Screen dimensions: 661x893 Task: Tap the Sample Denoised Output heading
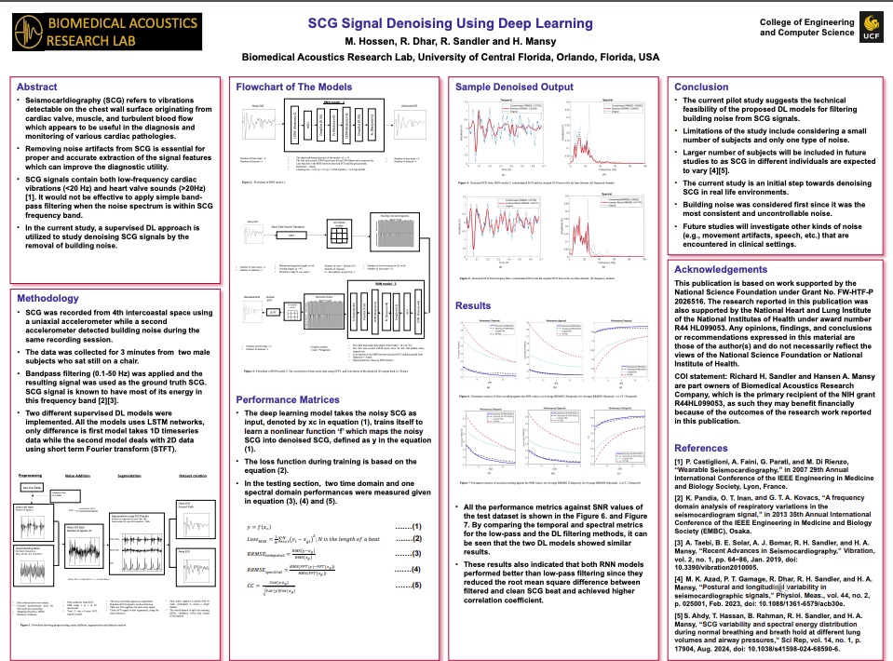514,87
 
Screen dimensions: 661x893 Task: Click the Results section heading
473,305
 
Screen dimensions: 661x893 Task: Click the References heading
701,448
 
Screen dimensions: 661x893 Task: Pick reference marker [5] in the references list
680,615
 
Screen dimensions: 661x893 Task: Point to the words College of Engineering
806,20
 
